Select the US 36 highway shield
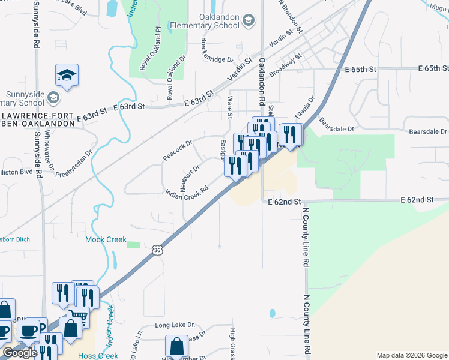pyautogui.click(x=157, y=250)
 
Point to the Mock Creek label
pyautogui.click(x=106, y=239)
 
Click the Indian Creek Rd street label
pyautogui.click(x=187, y=191)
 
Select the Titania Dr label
pyautogui.click(x=304, y=107)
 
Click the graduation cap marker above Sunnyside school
pyautogui.click(x=67, y=75)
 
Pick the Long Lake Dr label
pyautogui.click(x=175, y=325)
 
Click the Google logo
pyautogui.click(x=20, y=353)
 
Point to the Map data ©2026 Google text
pyautogui.click(x=411, y=355)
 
